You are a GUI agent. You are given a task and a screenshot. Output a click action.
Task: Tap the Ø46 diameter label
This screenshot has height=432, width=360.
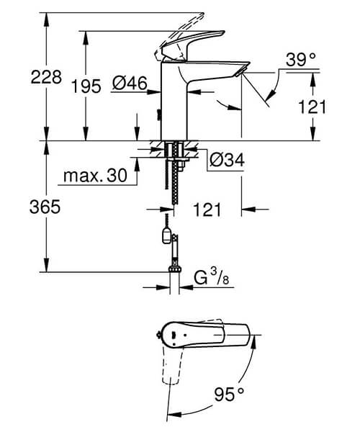(x=130, y=85)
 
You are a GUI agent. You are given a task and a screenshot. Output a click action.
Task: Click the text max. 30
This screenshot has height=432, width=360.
(x=93, y=176)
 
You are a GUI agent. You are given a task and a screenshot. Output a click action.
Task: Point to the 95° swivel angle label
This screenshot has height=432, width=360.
(x=230, y=395)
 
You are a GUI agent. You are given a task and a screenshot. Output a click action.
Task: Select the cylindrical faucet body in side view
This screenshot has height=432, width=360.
(x=171, y=104)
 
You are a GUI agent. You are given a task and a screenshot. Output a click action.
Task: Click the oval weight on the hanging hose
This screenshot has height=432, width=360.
(x=167, y=235)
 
